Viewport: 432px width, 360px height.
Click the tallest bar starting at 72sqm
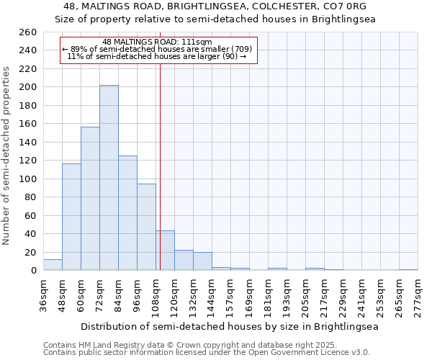pyautogui.click(x=109, y=178)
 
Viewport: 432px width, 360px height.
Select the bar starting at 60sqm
pyautogui.click(x=90, y=199)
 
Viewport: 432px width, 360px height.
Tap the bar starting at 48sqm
pyautogui.click(x=71, y=217)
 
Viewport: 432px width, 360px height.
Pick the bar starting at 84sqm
pyautogui.click(x=127, y=213)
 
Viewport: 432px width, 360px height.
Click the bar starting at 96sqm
pyautogui.click(x=146, y=227)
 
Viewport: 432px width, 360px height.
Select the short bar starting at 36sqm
pyautogui.click(x=53, y=265)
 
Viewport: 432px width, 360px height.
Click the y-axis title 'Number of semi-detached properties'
pyautogui.click(x=7, y=155)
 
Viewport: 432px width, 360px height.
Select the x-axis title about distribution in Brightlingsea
pyautogui.click(x=229, y=326)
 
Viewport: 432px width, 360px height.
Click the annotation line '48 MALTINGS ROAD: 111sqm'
pyautogui.click(x=157, y=42)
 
